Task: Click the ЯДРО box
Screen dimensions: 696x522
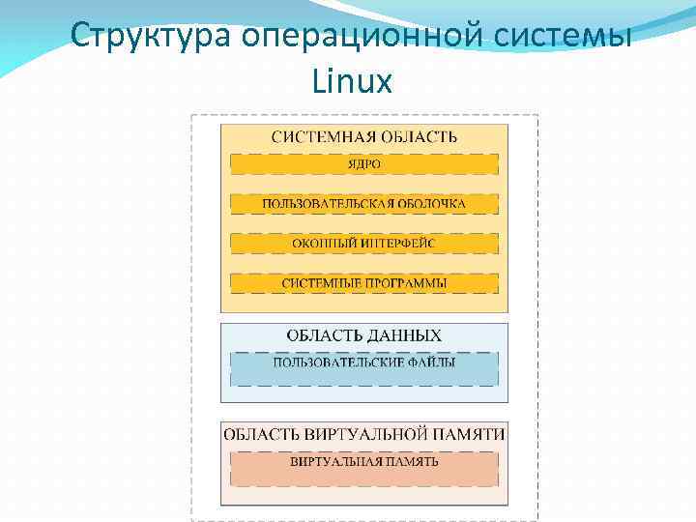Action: click(x=364, y=164)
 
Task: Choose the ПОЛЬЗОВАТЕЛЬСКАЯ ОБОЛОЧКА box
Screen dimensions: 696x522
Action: click(x=364, y=204)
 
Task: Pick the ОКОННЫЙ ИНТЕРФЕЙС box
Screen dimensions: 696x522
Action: click(x=364, y=244)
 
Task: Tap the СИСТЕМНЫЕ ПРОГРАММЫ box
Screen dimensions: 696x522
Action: click(x=364, y=283)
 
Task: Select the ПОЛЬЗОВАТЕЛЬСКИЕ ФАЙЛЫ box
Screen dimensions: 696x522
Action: click(x=364, y=363)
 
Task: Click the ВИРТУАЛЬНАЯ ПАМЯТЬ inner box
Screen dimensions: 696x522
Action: click(x=364, y=461)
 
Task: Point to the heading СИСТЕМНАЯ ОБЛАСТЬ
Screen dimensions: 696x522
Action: click(x=364, y=136)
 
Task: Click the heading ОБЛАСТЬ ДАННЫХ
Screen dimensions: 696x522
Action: click(x=364, y=335)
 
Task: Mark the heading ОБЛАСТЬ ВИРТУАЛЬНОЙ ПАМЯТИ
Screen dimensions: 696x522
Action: click(x=364, y=434)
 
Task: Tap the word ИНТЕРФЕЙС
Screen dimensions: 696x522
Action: click(x=398, y=244)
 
